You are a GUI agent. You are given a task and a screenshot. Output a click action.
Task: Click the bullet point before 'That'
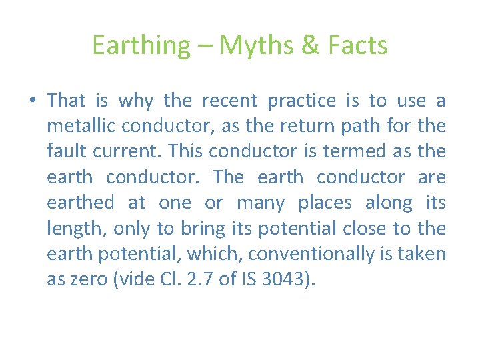32,101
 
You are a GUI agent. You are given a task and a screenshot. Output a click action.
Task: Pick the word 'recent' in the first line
229,101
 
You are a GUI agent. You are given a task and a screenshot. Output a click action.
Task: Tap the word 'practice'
301,101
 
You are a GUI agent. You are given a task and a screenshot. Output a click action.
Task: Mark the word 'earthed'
80,202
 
